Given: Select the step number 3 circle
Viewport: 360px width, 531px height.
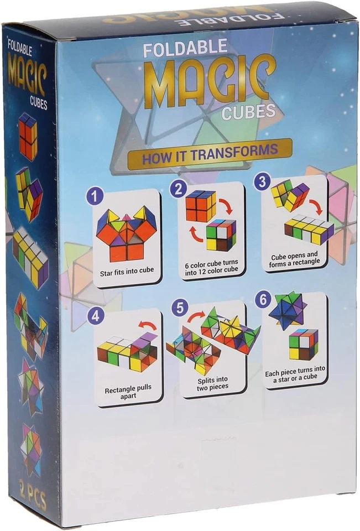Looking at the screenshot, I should pyautogui.click(x=262, y=182).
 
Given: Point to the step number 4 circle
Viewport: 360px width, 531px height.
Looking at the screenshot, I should pyautogui.click(x=96, y=317).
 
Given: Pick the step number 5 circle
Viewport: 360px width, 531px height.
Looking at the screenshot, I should pyautogui.click(x=178, y=308).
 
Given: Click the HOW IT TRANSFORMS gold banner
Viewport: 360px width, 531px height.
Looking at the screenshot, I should pyautogui.click(x=210, y=154).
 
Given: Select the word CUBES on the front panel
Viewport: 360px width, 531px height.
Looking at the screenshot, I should pyautogui.click(x=248, y=112).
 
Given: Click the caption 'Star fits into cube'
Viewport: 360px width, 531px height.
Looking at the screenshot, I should pyautogui.click(x=127, y=271).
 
